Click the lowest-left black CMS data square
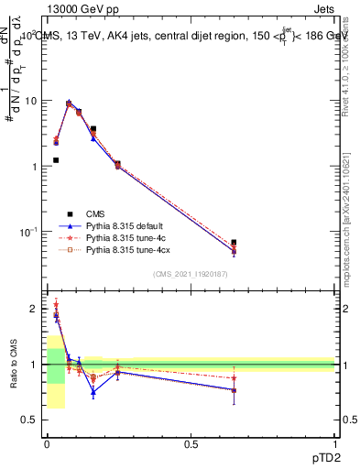tap(56, 160)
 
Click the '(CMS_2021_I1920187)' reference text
tap(190, 274)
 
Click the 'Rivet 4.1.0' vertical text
tap(350, 69)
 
